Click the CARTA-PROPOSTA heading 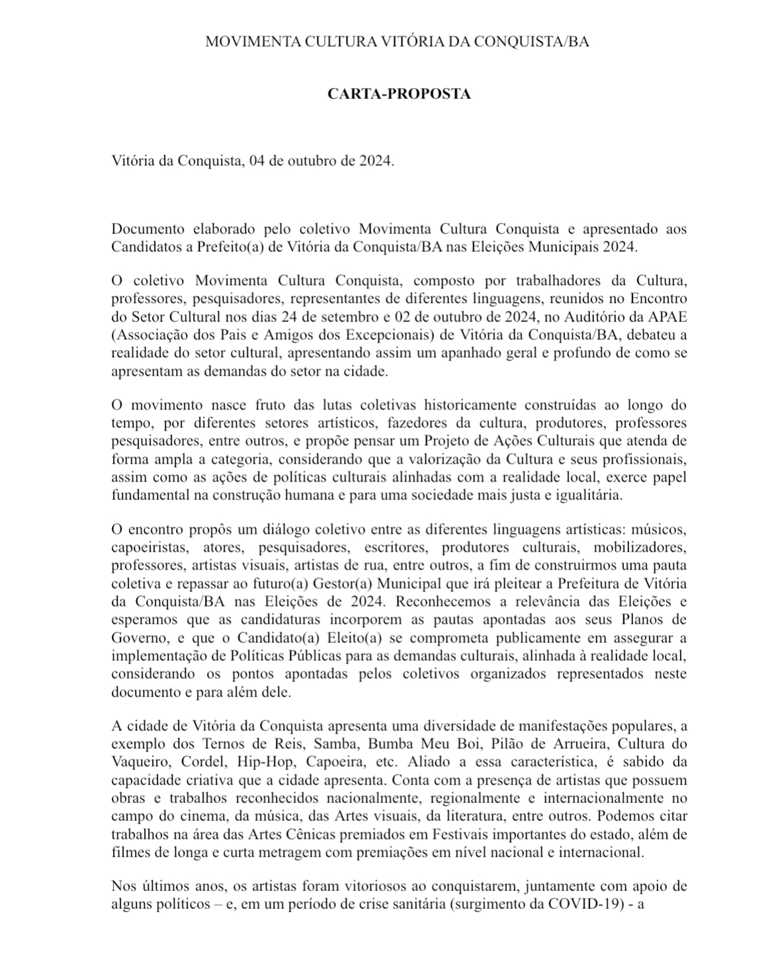[x=399, y=94]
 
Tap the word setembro [x=372, y=316]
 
